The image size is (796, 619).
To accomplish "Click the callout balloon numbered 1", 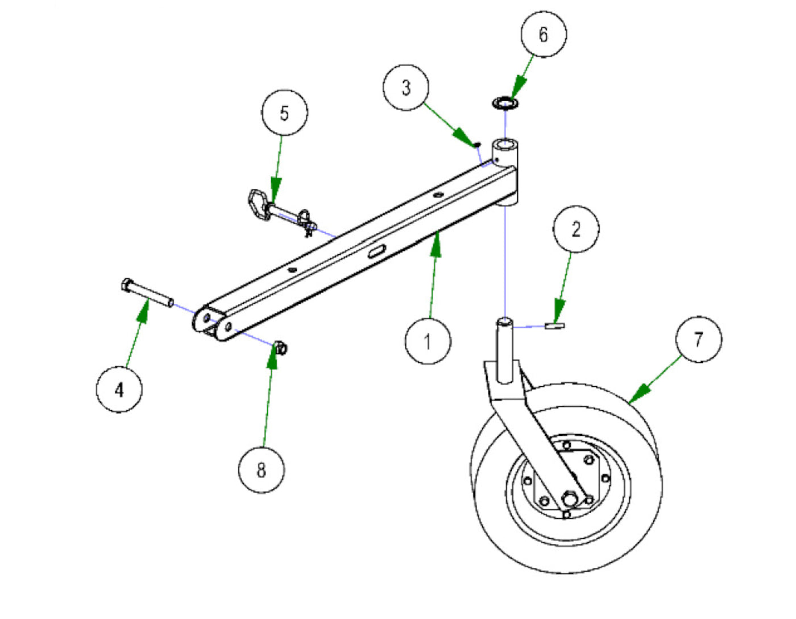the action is pyautogui.click(x=428, y=341).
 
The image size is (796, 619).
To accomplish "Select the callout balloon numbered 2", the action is pyautogui.click(x=576, y=229).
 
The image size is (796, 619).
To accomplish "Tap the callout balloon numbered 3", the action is pyautogui.click(x=406, y=88).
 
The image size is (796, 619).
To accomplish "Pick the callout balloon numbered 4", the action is pyautogui.click(x=119, y=389).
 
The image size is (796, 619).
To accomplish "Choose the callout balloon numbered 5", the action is pyautogui.click(x=285, y=113).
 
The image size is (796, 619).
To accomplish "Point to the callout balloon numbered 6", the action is pyautogui.click(x=544, y=34).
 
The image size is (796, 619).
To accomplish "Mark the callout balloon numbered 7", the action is pyautogui.click(x=699, y=339).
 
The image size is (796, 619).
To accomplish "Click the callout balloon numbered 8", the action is pyautogui.click(x=261, y=470).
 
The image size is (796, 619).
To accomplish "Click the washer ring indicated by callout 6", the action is pyautogui.click(x=505, y=103).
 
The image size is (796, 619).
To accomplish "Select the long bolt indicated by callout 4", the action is pyautogui.click(x=147, y=293).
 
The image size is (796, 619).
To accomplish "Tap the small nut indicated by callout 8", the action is pyautogui.click(x=281, y=348).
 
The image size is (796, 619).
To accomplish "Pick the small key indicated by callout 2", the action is pyautogui.click(x=555, y=325).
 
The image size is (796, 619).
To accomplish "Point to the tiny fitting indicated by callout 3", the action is pyautogui.click(x=477, y=145).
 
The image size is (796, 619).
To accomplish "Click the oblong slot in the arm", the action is pyautogui.click(x=377, y=251).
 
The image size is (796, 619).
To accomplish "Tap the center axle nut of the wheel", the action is pyautogui.click(x=569, y=498).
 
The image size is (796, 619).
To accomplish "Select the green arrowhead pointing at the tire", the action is pyautogui.click(x=639, y=394).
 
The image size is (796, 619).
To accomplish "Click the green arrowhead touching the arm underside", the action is pyautogui.click(x=436, y=244).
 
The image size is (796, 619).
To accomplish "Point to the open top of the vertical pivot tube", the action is pyautogui.click(x=506, y=144).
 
